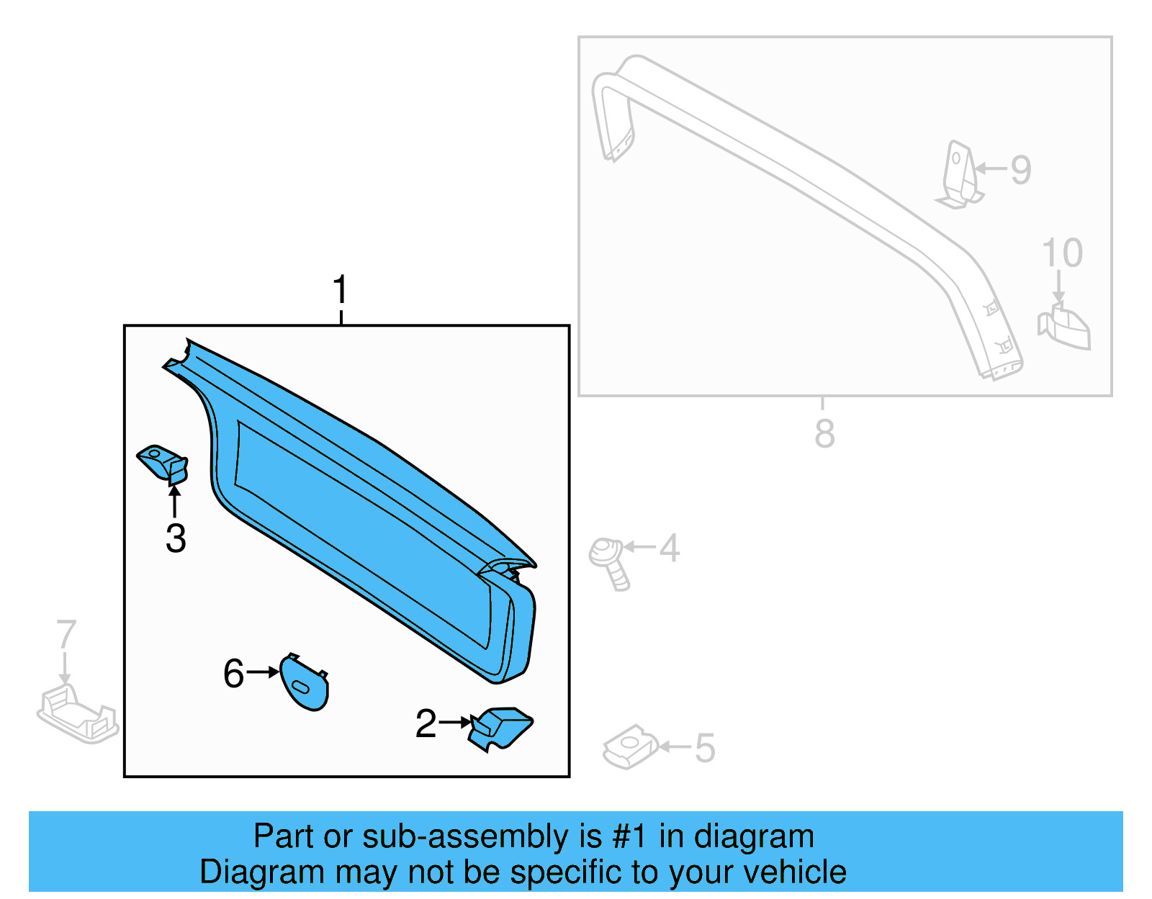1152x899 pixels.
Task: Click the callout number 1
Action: point(341,290)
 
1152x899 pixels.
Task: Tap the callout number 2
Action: point(426,723)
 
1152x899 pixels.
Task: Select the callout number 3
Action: point(176,538)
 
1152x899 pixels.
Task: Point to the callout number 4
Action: point(670,548)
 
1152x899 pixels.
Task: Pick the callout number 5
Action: point(705,748)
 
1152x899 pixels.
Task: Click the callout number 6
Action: point(233,674)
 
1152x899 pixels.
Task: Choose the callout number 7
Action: point(66,635)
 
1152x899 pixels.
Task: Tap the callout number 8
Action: point(824,433)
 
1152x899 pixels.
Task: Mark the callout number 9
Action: point(1021,170)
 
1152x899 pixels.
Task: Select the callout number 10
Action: point(1062,253)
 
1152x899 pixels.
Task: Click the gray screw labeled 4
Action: point(609,562)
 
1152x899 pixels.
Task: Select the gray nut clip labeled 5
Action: point(631,746)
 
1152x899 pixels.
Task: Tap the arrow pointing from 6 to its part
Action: point(263,672)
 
